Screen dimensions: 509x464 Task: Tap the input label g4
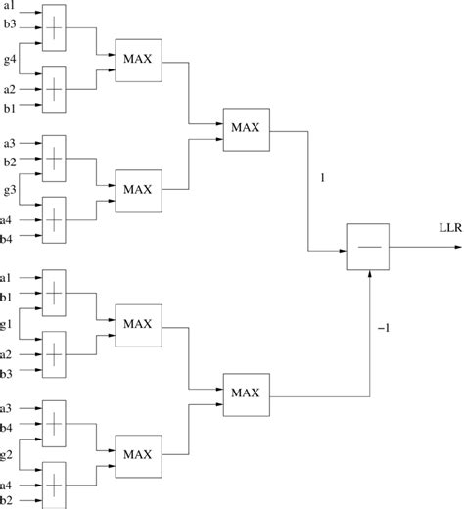point(10,61)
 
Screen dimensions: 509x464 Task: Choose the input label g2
point(10,454)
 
